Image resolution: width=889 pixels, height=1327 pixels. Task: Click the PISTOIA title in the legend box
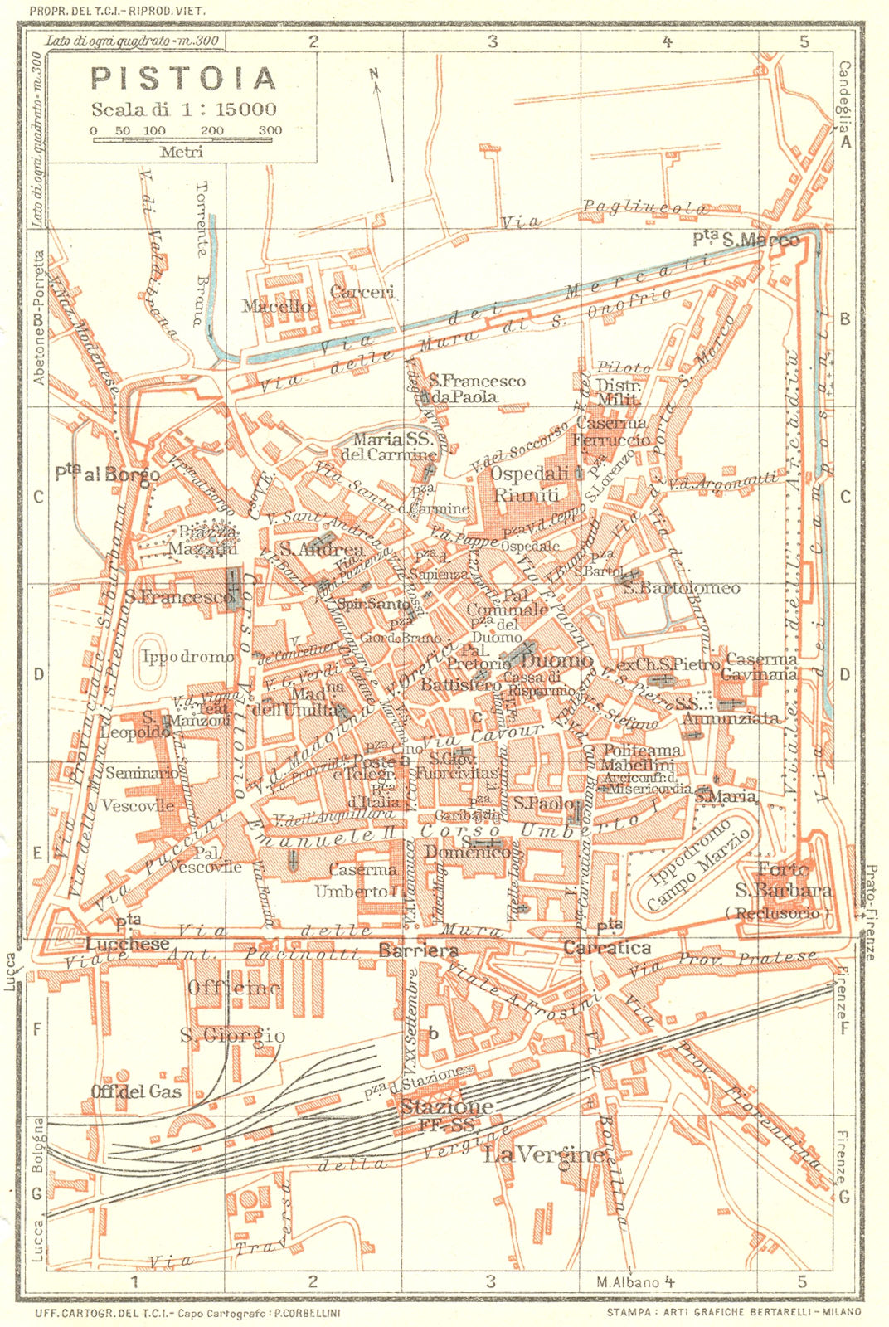(x=182, y=78)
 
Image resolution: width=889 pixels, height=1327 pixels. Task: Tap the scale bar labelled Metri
(x=187, y=141)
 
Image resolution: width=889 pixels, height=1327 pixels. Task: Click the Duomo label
(x=557, y=660)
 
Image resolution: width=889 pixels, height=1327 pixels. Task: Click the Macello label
(x=276, y=307)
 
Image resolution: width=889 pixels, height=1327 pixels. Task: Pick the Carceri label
(x=362, y=292)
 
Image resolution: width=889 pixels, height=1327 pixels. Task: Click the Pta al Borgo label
(x=107, y=474)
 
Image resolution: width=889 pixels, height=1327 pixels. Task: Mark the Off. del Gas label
(x=136, y=1091)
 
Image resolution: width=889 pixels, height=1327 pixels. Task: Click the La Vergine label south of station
(x=543, y=1154)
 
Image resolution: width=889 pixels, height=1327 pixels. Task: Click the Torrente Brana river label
(x=199, y=253)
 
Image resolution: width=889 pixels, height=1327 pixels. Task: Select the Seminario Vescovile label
(x=139, y=789)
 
